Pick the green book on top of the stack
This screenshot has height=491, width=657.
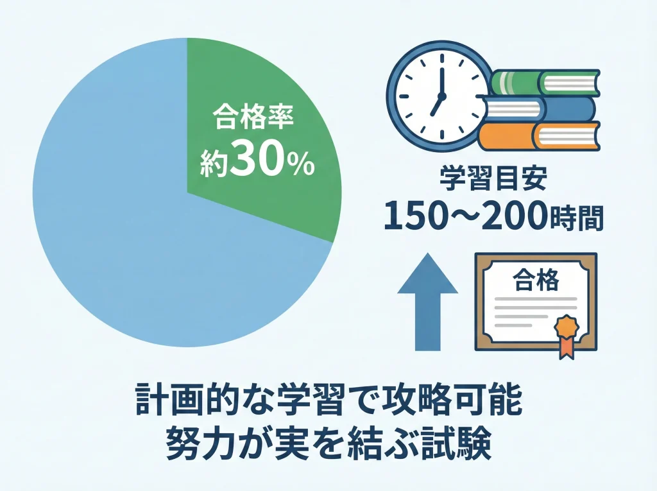point(545,82)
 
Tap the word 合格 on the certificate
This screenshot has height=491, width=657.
point(536,280)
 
